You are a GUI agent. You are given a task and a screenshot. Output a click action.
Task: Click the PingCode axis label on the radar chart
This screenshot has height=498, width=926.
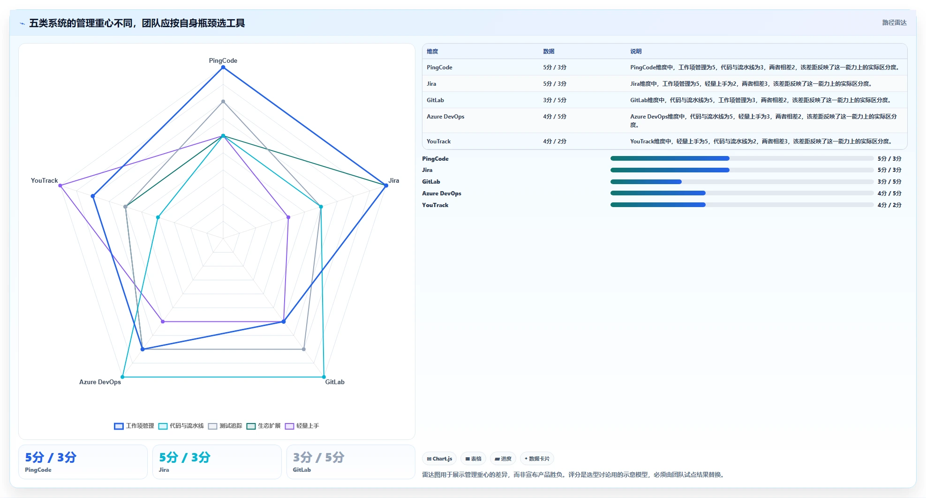223,60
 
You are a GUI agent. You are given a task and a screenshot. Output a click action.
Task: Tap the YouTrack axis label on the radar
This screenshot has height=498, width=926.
45,180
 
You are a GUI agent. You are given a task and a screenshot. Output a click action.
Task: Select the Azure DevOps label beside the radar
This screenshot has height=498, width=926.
100,382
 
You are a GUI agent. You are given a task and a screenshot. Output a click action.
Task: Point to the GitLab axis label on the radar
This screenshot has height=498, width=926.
335,382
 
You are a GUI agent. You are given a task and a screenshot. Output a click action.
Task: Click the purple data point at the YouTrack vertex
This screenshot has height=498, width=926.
60,186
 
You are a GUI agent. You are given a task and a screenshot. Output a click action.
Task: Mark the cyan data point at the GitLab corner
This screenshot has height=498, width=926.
324,377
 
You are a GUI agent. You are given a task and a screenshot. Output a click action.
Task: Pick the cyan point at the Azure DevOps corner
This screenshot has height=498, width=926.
122,377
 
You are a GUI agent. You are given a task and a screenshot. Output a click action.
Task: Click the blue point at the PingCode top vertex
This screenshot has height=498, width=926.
223,67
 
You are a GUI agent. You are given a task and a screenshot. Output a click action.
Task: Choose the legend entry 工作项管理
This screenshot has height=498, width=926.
134,426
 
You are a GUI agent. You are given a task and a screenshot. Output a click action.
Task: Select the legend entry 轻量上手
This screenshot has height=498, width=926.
302,426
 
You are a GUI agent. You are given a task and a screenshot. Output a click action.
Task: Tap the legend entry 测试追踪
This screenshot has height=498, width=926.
225,426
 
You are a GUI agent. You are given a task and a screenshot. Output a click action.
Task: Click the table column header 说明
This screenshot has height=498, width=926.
636,52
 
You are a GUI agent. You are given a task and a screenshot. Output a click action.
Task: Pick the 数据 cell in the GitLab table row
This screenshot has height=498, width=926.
555,100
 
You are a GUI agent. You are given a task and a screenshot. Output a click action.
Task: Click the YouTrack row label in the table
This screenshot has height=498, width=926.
439,141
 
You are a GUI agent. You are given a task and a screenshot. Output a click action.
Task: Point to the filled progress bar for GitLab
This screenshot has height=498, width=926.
646,182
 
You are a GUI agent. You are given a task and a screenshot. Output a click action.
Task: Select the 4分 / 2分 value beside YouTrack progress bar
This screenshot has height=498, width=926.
889,205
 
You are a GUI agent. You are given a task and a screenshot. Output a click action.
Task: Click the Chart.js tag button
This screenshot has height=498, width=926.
439,459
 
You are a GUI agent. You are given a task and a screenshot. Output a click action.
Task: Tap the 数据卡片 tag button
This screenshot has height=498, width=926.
537,459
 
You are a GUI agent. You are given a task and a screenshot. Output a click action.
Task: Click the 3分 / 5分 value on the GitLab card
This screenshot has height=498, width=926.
319,457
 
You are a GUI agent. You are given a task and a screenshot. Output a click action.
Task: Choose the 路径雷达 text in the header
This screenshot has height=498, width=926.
895,22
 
